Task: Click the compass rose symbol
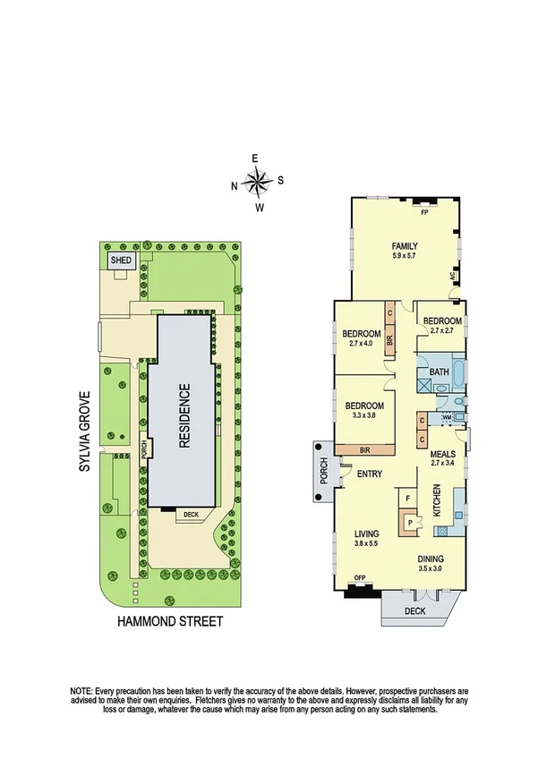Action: (x=257, y=183)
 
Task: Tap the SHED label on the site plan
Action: (x=121, y=260)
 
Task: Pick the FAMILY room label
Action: (x=404, y=246)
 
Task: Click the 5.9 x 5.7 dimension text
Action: (x=404, y=258)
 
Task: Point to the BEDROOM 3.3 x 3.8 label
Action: (x=363, y=410)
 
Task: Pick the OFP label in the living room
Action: (x=360, y=577)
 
